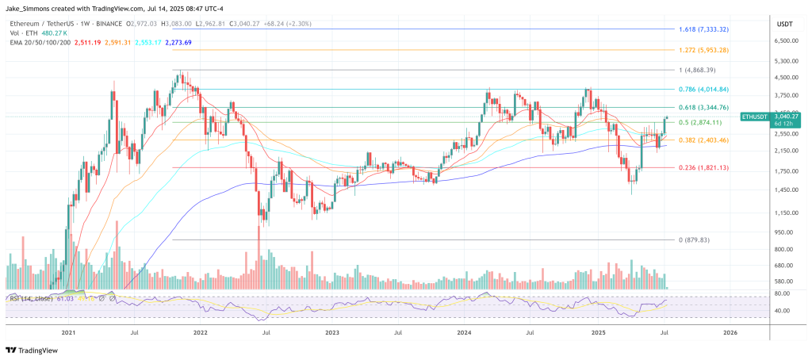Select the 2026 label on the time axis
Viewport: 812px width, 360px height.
730,333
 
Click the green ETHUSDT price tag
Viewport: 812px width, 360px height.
769,119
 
